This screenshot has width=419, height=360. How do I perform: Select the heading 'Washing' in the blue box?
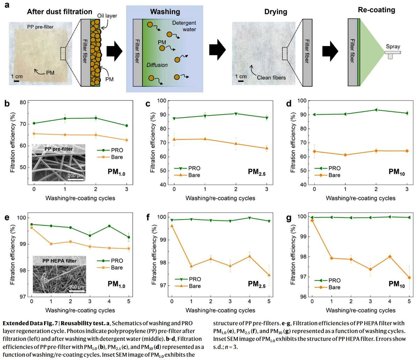click(x=165, y=12)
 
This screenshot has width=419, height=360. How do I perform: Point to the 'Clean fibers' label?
click(x=271, y=77)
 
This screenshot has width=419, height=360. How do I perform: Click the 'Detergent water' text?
click(x=184, y=26)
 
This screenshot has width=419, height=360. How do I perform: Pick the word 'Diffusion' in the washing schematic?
click(x=157, y=65)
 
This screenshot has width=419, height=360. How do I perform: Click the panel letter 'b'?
click(x=6, y=103)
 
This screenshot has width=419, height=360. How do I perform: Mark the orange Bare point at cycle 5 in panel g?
click(x=409, y=278)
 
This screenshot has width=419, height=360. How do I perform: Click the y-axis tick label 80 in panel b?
click(x=23, y=103)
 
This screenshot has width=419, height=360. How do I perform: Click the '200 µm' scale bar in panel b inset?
click(x=76, y=175)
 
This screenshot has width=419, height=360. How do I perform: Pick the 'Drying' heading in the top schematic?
click(x=275, y=12)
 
